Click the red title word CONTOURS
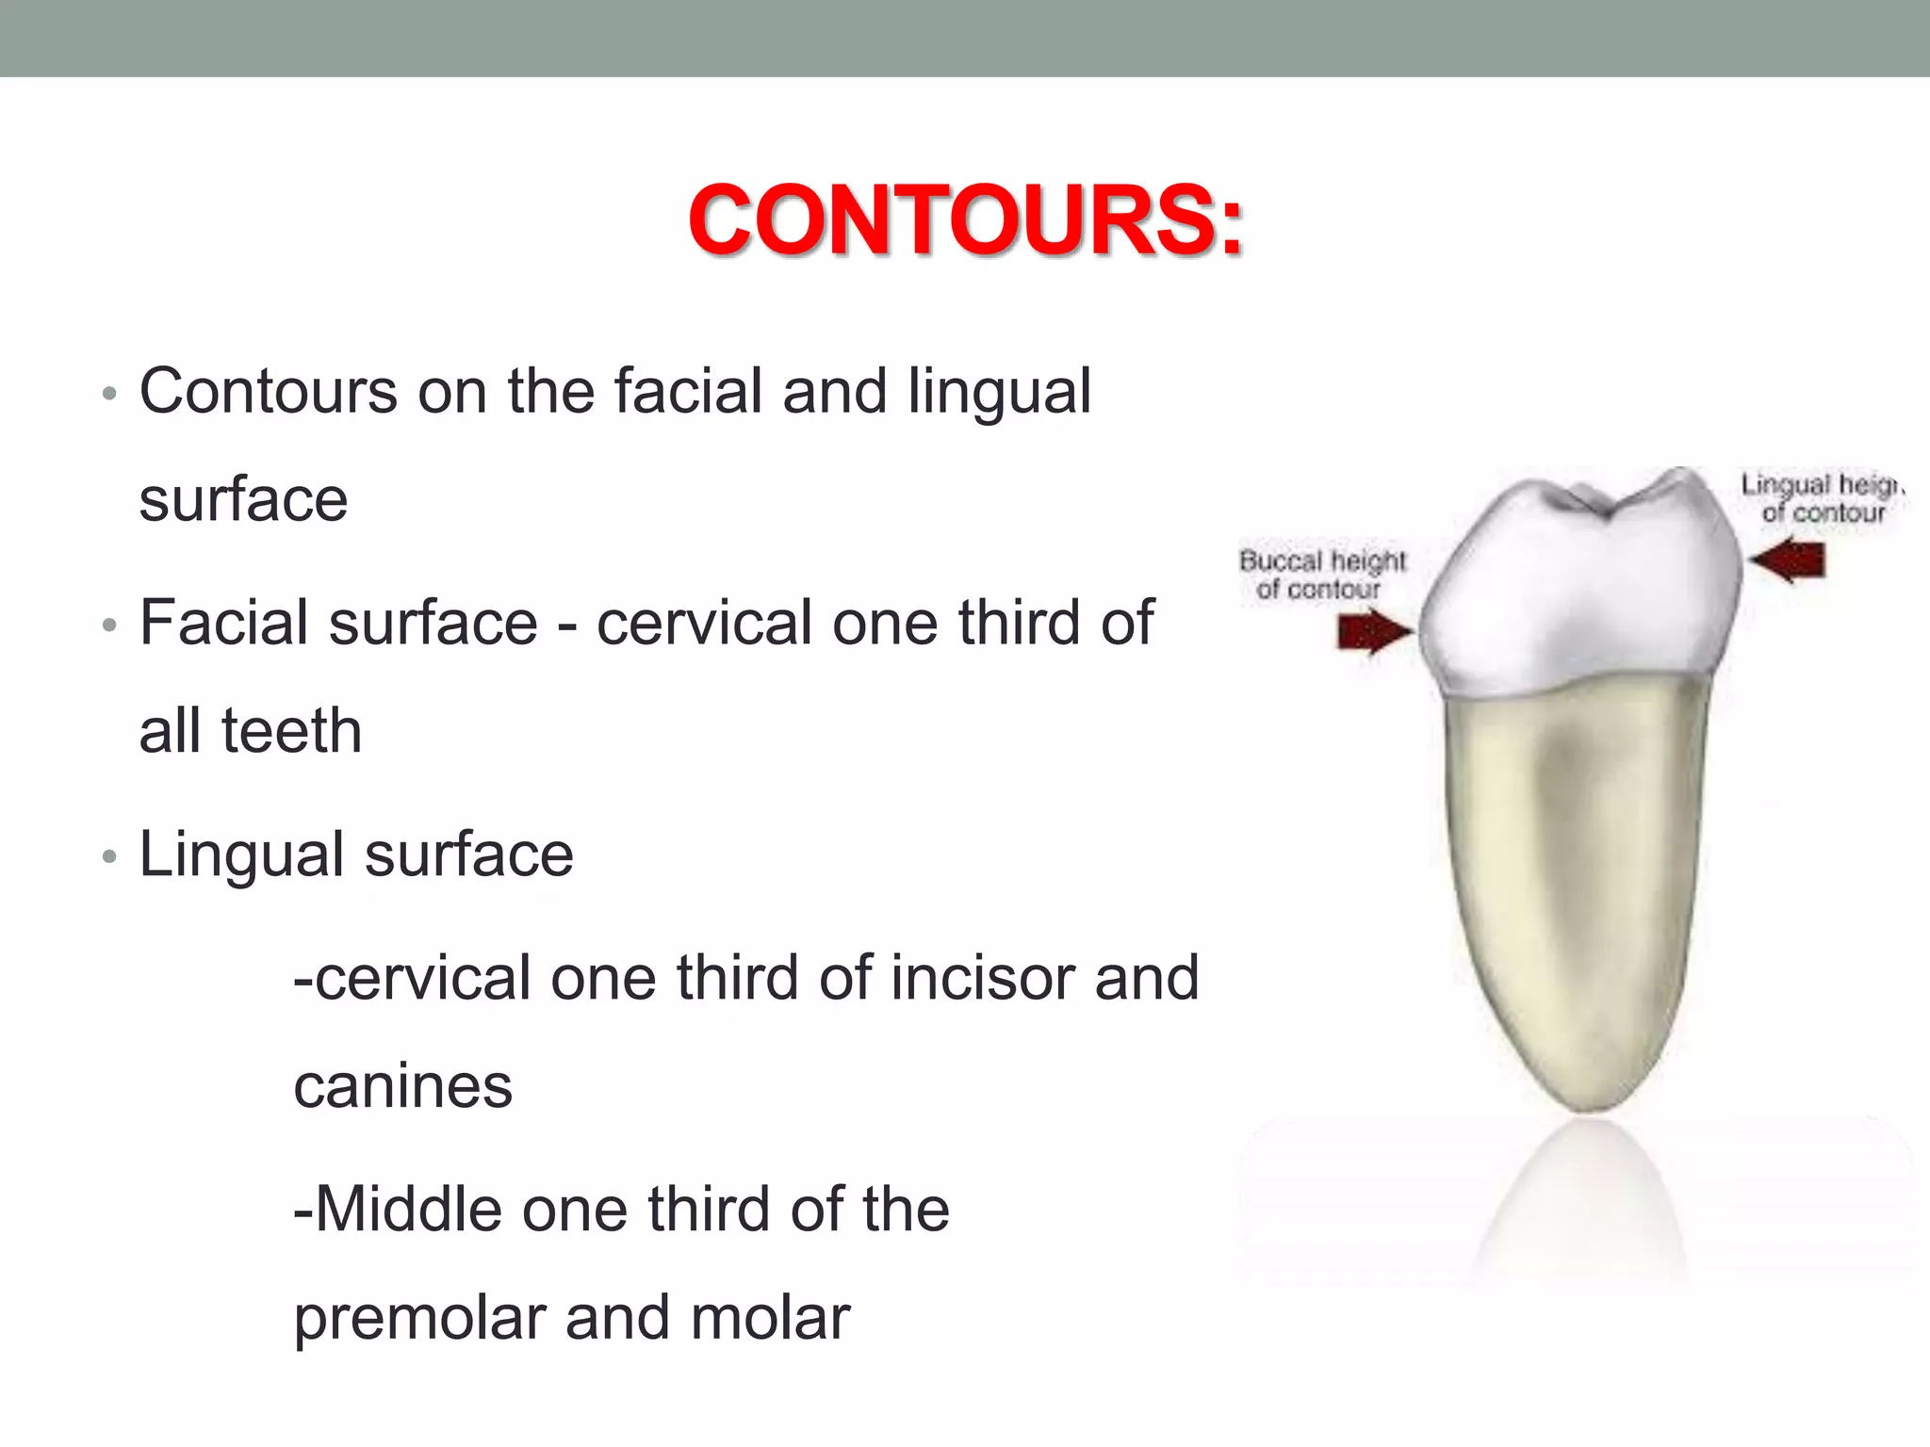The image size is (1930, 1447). tap(965, 220)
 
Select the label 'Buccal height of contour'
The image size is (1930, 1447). tap(1321, 575)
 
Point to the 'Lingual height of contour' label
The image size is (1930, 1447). tap(1821, 498)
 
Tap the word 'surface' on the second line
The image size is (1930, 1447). tap(243, 499)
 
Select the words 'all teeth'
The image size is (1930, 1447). tap(250, 731)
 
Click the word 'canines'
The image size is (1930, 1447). tap(402, 1086)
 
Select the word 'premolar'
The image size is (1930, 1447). tap(418, 1318)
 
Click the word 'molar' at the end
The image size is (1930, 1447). tap(770, 1318)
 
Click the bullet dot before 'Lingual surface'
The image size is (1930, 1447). tap(109, 857)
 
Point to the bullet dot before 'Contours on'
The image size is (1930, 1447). tap(109, 394)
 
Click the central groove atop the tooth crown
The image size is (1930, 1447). tap(1602, 509)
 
